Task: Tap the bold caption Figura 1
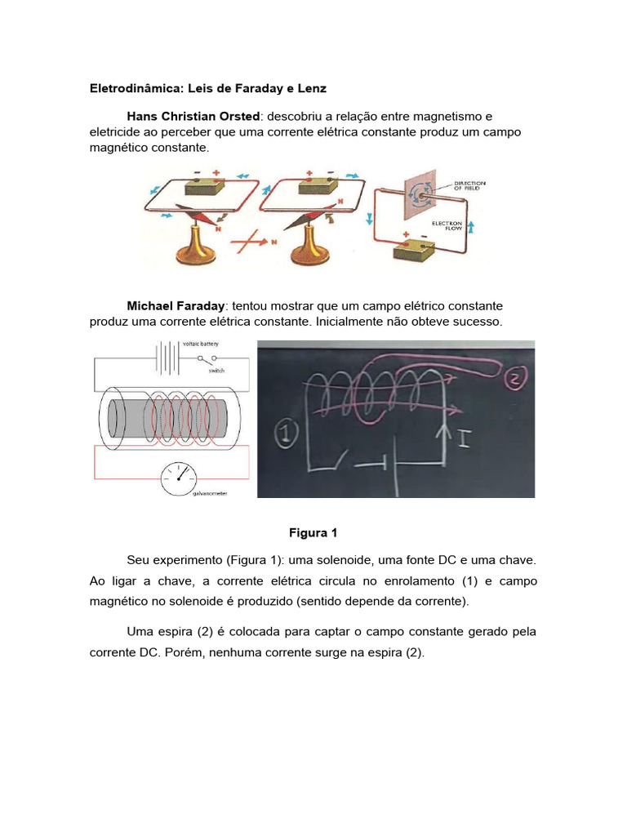click(313, 533)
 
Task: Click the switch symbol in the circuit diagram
click(207, 359)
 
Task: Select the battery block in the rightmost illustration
click(414, 250)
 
